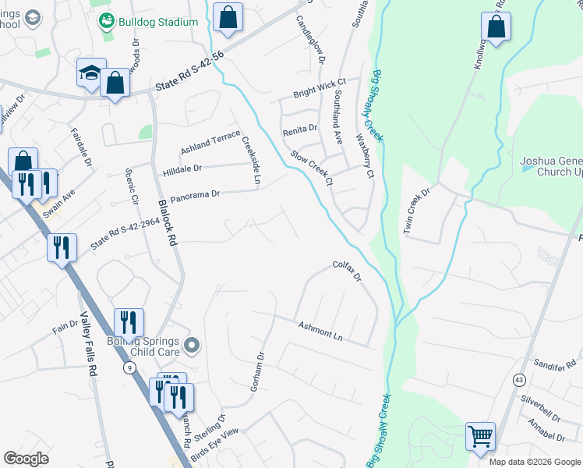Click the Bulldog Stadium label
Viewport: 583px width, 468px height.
pyautogui.click(x=158, y=22)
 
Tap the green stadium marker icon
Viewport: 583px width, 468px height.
pyautogui.click(x=107, y=21)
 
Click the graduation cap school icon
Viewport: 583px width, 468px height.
pyautogui.click(x=91, y=74)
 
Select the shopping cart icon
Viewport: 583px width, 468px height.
pyautogui.click(x=480, y=436)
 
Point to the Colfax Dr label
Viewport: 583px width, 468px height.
pyautogui.click(x=348, y=271)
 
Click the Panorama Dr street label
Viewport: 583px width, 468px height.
pyautogui.click(x=196, y=193)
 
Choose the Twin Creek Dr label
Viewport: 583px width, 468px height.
pyautogui.click(x=417, y=211)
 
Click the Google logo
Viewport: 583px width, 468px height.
pyautogui.click(x=26, y=459)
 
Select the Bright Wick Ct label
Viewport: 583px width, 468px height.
pyautogui.click(x=319, y=88)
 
